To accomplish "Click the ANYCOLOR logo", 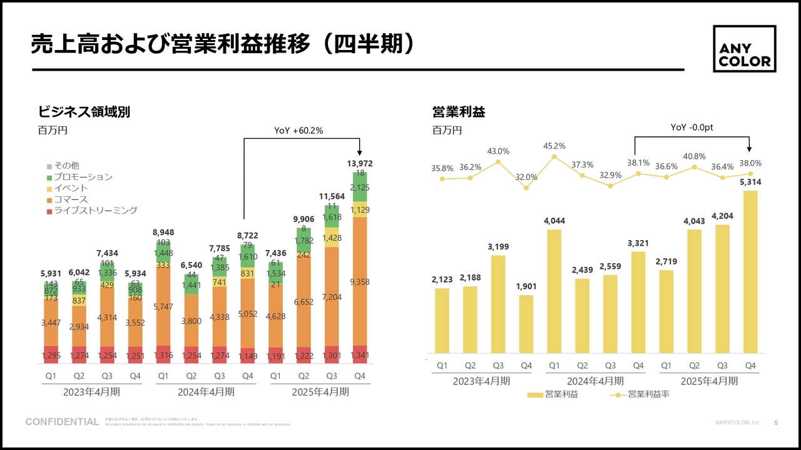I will point(745,49).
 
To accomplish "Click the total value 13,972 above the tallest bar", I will point(360,164).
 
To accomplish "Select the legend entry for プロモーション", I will point(83,177).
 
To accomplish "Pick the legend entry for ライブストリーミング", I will point(94,211).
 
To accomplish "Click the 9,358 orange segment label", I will point(360,282).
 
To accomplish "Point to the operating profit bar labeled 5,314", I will point(751,272).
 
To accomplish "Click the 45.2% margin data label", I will point(554,146).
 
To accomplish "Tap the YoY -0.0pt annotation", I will point(692,127).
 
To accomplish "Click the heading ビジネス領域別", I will point(84,112).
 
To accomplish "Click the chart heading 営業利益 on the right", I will point(459,112).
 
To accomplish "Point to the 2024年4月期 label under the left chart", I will point(206,392).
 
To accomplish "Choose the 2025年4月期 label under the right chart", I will point(709,381).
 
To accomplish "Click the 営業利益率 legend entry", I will point(648,394).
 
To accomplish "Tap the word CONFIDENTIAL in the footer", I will point(62,422).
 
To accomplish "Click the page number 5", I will point(777,423).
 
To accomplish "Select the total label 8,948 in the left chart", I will point(163,232).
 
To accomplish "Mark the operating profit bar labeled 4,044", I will point(554,292).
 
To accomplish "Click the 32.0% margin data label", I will point(526,177).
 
